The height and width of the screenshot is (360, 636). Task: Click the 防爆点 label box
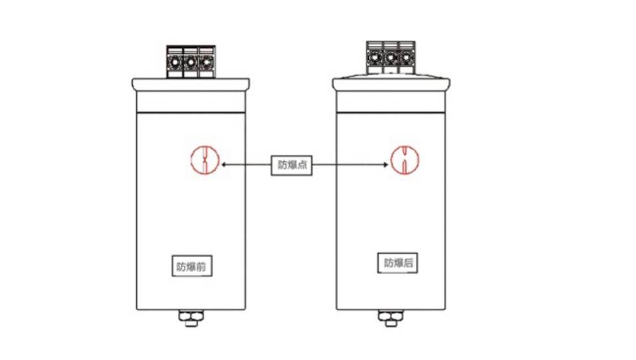(x=292, y=165)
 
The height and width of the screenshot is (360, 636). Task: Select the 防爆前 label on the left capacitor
(x=192, y=266)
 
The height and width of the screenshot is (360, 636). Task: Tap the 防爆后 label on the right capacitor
(x=397, y=263)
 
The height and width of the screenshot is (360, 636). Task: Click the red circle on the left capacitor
(x=191, y=161)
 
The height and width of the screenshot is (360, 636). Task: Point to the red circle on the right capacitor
(x=391, y=160)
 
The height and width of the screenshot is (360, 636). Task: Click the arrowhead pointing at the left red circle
(x=223, y=165)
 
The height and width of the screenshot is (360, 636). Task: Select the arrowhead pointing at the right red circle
(x=385, y=165)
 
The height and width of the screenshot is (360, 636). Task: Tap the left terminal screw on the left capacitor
(x=175, y=62)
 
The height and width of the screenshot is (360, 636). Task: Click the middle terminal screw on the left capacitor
(x=191, y=62)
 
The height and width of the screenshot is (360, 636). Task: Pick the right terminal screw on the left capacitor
(x=206, y=62)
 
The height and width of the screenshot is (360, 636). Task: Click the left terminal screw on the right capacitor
(x=374, y=58)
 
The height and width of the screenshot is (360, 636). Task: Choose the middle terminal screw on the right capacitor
(x=390, y=58)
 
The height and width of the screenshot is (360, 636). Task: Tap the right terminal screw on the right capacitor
(x=405, y=58)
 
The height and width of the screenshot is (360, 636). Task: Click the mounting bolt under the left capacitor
(x=191, y=318)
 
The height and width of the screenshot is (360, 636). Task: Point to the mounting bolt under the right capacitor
(x=391, y=318)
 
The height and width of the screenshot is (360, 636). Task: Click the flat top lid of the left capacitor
(x=191, y=84)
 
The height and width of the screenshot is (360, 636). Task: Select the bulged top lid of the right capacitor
(x=391, y=82)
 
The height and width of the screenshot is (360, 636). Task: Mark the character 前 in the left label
(x=201, y=267)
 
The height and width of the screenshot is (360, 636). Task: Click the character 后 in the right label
(x=408, y=263)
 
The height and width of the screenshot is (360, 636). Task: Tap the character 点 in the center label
(x=302, y=165)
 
